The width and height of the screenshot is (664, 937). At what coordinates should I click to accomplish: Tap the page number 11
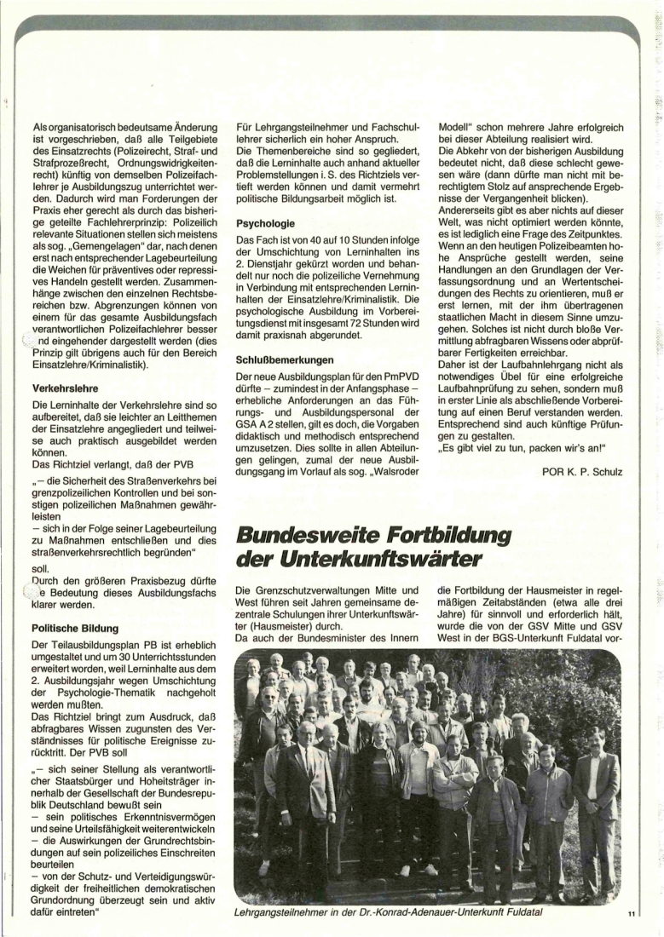[630, 914]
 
